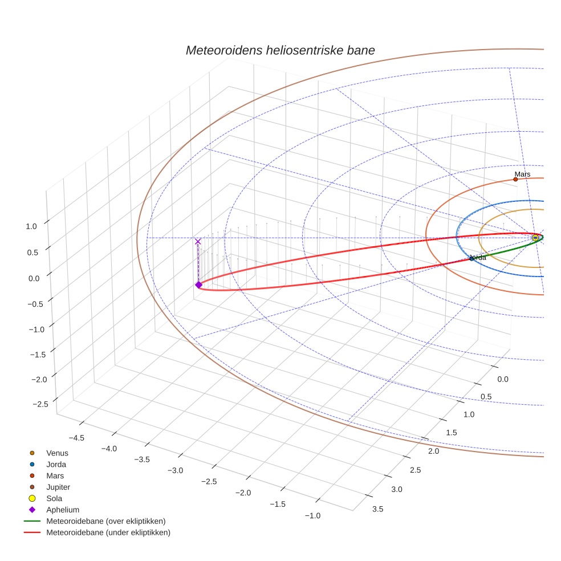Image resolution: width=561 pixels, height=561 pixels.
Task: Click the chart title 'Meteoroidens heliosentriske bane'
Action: [280, 50]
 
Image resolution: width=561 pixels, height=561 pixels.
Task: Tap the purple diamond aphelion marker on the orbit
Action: [198, 284]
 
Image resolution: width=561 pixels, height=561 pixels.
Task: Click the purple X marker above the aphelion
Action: [198, 242]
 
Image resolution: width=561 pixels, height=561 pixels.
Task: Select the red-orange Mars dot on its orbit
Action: [515, 179]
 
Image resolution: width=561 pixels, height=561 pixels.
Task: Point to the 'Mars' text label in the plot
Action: [522, 174]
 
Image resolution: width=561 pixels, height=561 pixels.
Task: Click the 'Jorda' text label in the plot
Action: [478, 258]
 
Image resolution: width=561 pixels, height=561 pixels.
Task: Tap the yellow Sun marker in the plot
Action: [535, 238]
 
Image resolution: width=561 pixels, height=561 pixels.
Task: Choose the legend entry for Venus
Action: [57, 453]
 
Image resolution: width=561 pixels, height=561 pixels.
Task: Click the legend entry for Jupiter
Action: [58, 487]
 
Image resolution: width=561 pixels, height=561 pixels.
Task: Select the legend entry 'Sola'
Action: [55, 498]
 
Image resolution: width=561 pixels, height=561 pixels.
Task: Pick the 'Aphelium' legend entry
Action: [63, 510]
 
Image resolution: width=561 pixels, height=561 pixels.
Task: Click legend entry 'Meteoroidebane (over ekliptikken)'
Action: [106, 521]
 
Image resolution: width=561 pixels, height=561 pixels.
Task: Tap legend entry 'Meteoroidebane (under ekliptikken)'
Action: [108, 532]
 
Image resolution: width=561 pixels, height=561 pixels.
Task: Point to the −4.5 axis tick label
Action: [76, 438]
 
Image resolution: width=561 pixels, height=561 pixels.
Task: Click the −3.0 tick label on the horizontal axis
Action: [175, 470]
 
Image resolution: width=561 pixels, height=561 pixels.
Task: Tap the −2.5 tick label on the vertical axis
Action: [40, 404]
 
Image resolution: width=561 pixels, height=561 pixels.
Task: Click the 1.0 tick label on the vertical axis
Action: [31, 226]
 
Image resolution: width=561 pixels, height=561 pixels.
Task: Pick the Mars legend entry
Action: [55, 476]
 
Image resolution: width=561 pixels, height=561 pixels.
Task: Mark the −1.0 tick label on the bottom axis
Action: [312, 515]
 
